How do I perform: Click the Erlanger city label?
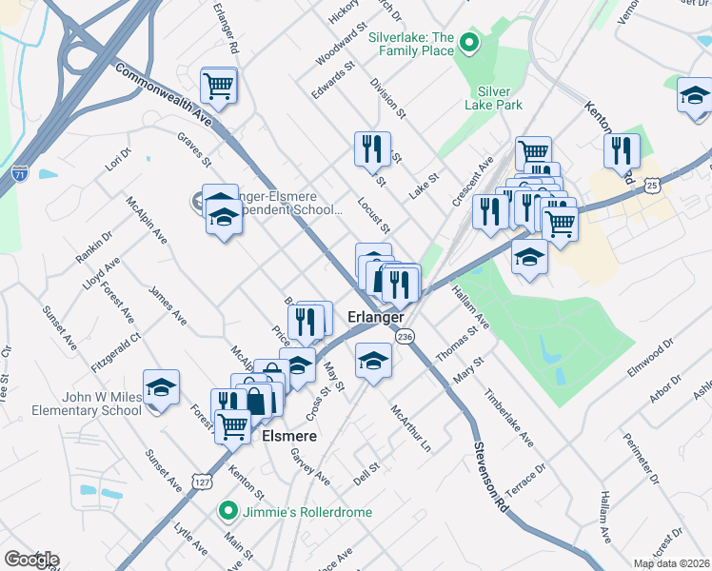click(x=376, y=316)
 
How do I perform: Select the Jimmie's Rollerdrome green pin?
click(x=228, y=511)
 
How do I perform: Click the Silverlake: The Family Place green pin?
click(x=468, y=43)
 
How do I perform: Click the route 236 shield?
click(x=405, y=337)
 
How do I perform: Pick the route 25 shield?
click(x=652, y=184)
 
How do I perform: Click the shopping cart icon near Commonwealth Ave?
click(x=219, y=86)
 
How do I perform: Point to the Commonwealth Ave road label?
click(x=163, y=94)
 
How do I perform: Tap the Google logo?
click(x=30, y=560)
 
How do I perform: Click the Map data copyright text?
click(x=672, y=563)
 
